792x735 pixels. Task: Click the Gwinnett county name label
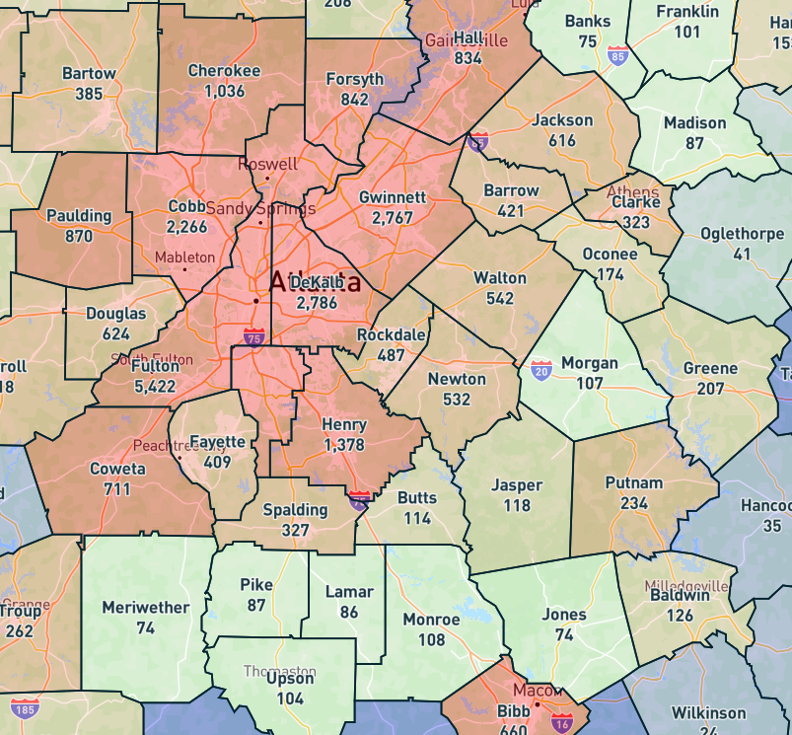tap(393, 197)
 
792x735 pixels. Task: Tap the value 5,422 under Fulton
tap(155, 384)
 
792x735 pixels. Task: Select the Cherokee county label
tap(224, 71)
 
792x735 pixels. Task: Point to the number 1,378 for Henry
tap(343, 445)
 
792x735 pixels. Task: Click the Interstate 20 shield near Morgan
tap(541, 371)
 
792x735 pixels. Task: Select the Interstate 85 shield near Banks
tap(618, 55)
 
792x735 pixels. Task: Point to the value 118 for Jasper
tap(516, 505)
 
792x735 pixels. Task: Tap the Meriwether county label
tap(145, 608)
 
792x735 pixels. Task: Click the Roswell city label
tap(267, 164)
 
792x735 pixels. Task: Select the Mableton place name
tap(184, 257)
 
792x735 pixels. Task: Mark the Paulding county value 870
tap(78, 236)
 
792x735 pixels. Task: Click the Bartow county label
tap(89, 74)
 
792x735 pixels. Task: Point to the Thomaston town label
tap(279, 671)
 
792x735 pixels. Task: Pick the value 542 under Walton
tap(500, 298)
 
